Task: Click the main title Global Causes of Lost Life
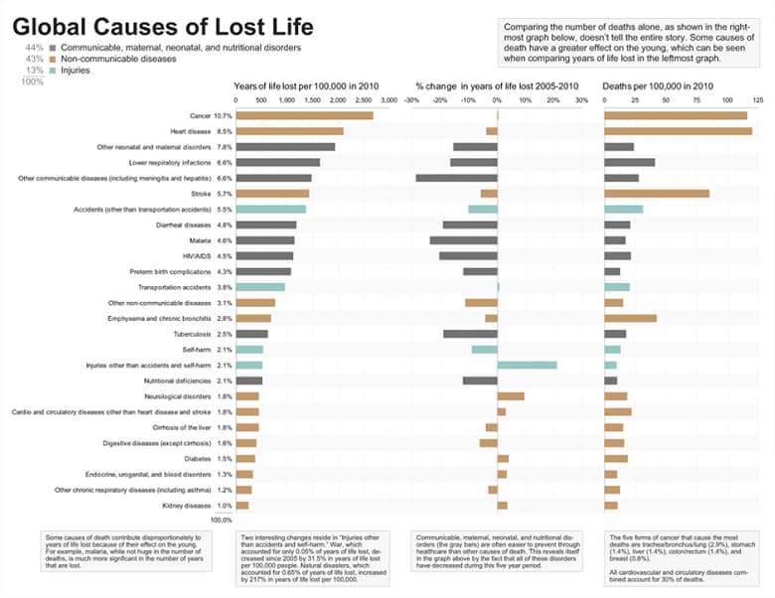(163, 26)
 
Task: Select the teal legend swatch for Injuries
(55, 71)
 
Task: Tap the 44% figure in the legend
(34, 48)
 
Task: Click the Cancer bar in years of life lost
(304, 116)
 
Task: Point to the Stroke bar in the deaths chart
(656, 194)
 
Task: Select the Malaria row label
(197, 240)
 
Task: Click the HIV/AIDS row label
(194, 256)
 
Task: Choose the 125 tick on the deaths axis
(757, 100)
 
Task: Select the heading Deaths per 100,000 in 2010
(657, 85)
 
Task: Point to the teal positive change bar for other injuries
(527, 366)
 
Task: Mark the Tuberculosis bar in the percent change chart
(470, 334)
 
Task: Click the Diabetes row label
(198, 459)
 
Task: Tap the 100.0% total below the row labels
(221, 520)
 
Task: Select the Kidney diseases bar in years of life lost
(242, 506)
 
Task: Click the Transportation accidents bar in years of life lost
(260, 287)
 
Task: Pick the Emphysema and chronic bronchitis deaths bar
(630, 318)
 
